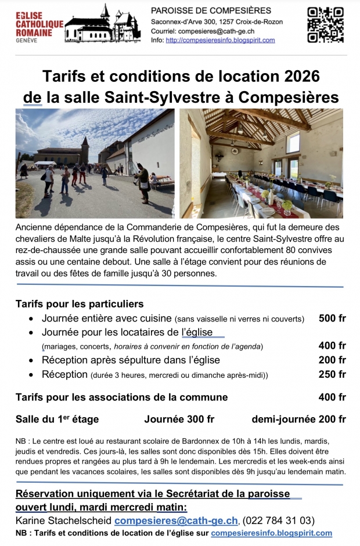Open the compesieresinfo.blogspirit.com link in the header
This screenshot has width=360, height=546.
click(220, 40)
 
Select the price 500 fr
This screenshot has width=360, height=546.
click(332, 318)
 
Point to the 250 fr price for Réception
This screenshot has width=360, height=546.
click(332, 374)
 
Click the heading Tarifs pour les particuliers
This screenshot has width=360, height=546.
click(80, 303)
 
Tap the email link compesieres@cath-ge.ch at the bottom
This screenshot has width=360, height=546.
click(176, 520)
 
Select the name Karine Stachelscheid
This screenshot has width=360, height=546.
click(64, 520)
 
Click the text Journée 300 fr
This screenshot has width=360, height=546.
click(179, 419)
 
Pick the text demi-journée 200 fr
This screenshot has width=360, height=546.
click(298, 419)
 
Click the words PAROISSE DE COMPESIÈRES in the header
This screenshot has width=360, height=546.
click(211, 10)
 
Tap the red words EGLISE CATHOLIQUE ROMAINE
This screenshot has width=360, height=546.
click(39, 26)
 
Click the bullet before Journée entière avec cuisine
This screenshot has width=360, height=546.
click(31, 319)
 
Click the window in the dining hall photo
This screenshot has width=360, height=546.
click(294, 143)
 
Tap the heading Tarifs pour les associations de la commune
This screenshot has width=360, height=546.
click(121, 397)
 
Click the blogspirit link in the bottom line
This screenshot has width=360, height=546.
click(271, 533)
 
